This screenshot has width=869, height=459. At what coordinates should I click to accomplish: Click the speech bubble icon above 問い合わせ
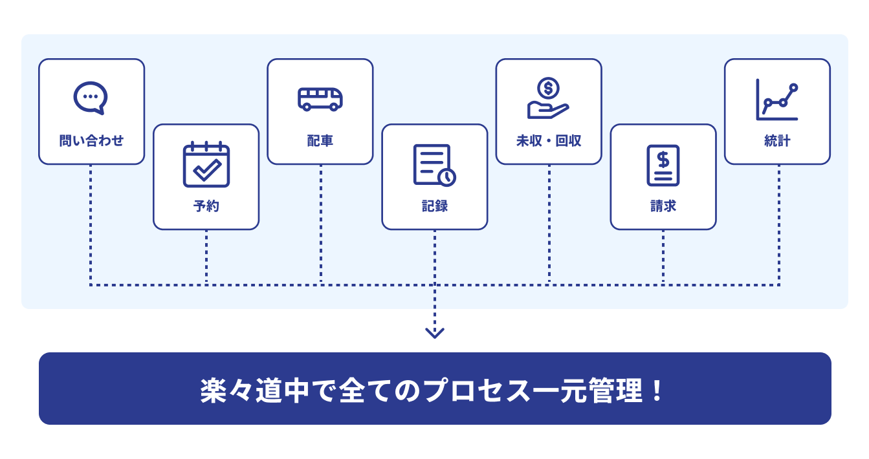point(91,98)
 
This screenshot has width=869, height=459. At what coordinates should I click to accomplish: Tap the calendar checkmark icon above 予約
point(206,164)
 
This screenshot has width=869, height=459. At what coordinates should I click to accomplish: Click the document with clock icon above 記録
point(434,165)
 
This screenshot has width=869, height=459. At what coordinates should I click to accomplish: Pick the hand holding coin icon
point(548,98)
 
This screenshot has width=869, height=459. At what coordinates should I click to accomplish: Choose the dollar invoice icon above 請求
point(663,165)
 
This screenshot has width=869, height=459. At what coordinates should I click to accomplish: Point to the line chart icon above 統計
point(777,100)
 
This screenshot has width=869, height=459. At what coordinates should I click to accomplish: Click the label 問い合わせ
point(91,140)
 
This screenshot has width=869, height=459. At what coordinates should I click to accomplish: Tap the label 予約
point(206,206)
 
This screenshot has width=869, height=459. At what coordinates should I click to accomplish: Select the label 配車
point(320,140)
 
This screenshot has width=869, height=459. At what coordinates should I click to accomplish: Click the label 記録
point(435,206)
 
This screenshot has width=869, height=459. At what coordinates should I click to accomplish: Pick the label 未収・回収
point(549,140)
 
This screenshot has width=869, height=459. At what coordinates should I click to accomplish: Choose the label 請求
point(663,206)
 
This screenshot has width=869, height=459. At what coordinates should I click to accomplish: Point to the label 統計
point(777,140)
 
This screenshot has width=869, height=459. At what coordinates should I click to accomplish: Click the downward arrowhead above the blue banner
point(435,333)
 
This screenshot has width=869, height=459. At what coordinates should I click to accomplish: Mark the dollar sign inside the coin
point(549,87)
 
